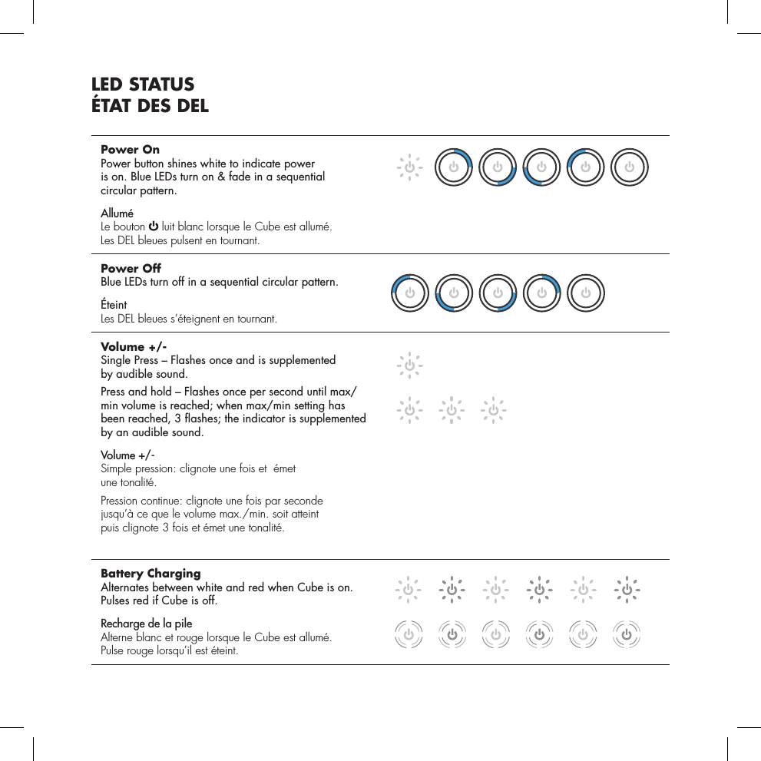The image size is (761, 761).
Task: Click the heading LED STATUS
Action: [143, 84]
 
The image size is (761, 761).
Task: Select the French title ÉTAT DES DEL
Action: [150, 106]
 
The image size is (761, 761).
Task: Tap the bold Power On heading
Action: [131, 149]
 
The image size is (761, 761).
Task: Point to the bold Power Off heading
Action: [131, 268]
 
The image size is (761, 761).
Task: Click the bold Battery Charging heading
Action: [151, 574]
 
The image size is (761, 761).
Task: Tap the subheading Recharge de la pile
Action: [147, 623]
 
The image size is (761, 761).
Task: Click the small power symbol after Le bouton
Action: [154, 227]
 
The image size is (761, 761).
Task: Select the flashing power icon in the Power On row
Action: [409, 166]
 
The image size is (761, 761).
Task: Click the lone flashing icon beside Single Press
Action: [409, 366]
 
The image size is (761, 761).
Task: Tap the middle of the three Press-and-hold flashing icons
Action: [452, 409]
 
